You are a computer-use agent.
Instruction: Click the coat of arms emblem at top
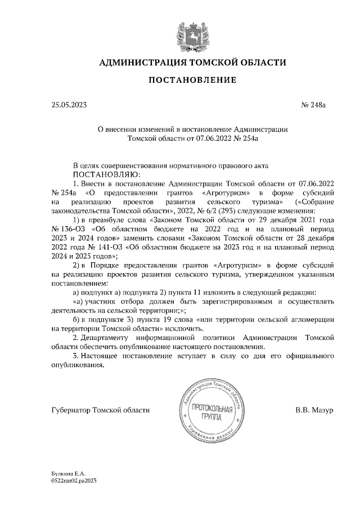click(x=192, y=33)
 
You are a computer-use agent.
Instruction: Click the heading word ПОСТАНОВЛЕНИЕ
click(x=192, y=81)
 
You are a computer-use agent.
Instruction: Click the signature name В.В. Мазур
click(x=314, y=410)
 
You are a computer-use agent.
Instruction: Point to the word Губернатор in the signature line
click(x=71, y=410)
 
